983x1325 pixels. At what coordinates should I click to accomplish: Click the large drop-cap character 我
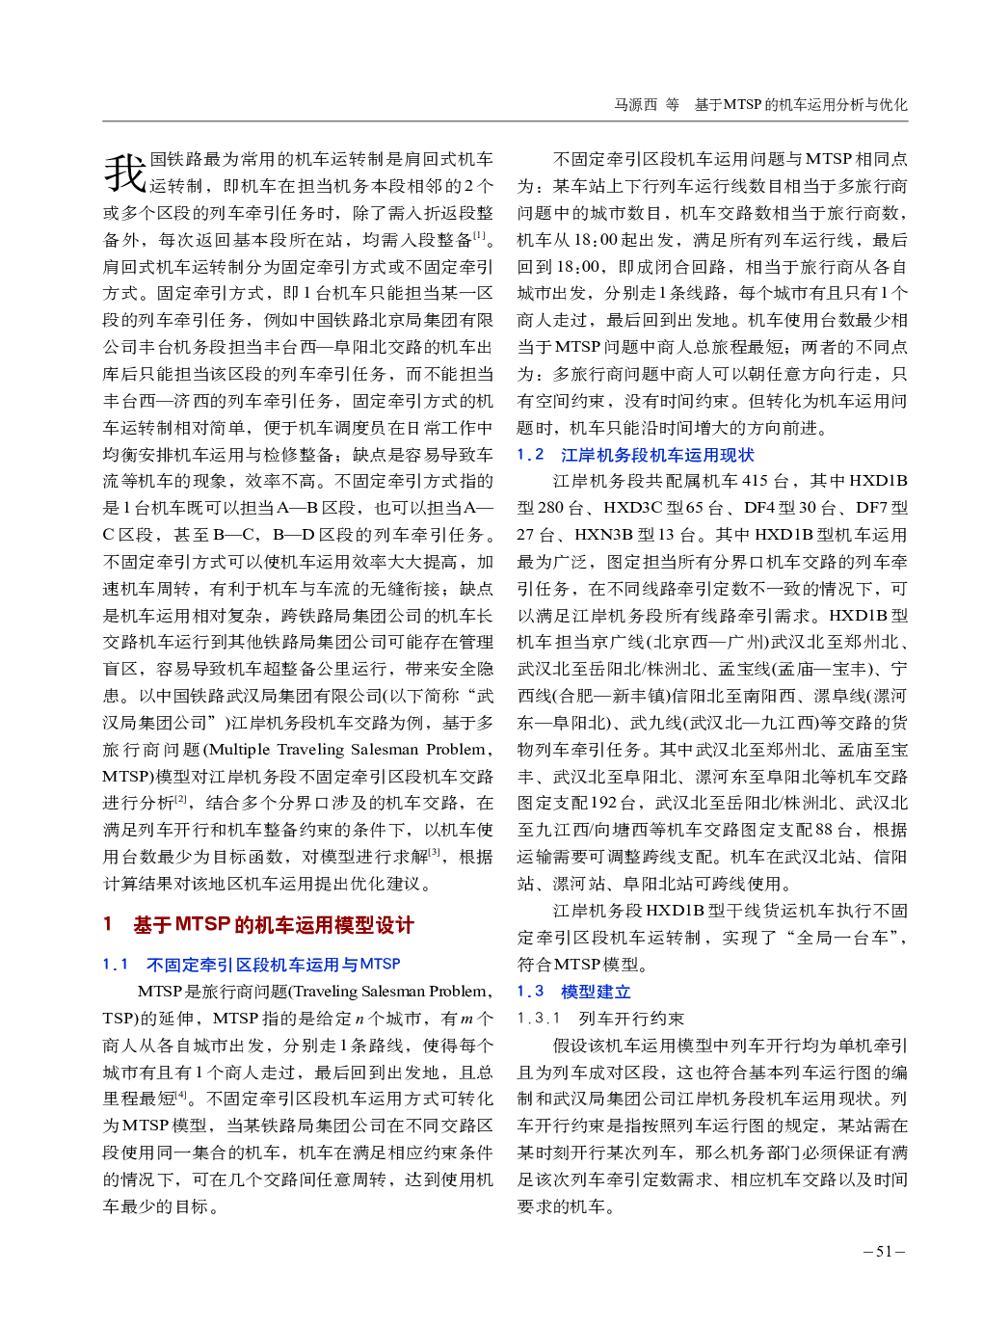pos(125,172)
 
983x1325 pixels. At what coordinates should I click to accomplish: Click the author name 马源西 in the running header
pos(635,105)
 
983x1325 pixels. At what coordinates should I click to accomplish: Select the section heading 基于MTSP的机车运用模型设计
pos(273,925)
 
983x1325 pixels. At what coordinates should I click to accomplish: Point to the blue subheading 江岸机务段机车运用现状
pos(657,455)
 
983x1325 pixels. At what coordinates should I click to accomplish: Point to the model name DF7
pos(871,508)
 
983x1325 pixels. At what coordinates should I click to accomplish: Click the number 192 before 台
pos(603,803)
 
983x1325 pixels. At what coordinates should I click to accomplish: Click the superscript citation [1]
pos(479,234)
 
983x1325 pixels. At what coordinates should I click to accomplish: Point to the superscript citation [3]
pos(435,852)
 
